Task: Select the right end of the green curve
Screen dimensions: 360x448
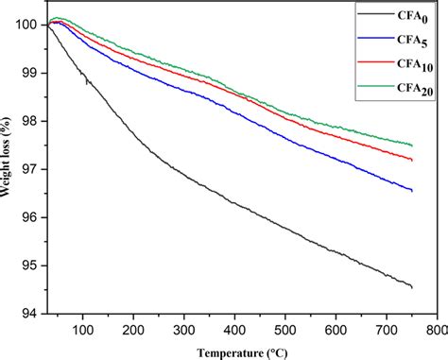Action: tap(412, 145)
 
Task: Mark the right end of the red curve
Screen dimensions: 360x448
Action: tap(412, 160)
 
